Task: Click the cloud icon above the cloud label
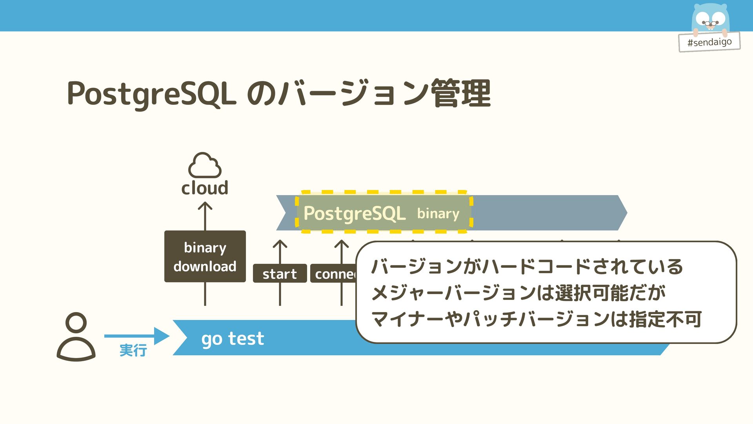coord(205,165)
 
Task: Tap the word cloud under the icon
coord(205,188)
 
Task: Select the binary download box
coord(205,256)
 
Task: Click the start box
coord(280,274)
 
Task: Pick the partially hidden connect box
coord(333,274)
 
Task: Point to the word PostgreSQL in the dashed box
coord(355,214)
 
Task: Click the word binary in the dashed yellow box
coord(438,214)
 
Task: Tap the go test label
coord(233,338)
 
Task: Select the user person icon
coord(76,337)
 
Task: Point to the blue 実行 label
coord(133,350)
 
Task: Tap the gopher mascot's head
coord(710,18)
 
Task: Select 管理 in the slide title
coord(461,93)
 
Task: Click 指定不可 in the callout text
coord(665,319)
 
